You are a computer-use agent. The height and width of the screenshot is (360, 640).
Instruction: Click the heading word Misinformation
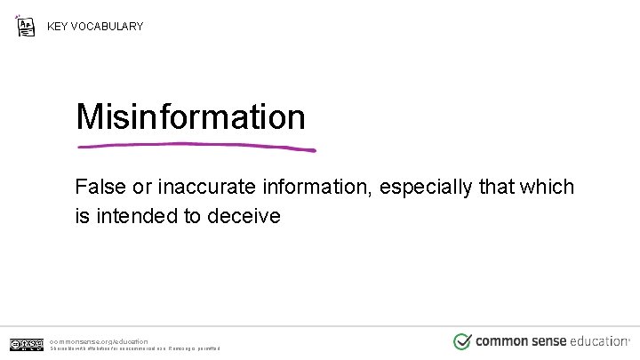click(190, 116)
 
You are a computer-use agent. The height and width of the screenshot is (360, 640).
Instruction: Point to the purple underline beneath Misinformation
click(196, 146)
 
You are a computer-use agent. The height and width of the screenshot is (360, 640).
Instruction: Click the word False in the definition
click(100, 188)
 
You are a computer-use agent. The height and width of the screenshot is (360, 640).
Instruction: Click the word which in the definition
click(547, 188)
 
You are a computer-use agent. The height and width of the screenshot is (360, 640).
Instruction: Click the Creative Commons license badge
click(27, 344)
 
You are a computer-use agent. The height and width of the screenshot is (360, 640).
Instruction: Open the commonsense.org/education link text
click(99, 340)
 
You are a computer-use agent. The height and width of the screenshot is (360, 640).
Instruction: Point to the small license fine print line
click(132, 349)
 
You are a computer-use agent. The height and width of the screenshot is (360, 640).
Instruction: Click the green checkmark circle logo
click(462, 341)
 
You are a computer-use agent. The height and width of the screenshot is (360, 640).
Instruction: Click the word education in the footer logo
click(600, 341)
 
